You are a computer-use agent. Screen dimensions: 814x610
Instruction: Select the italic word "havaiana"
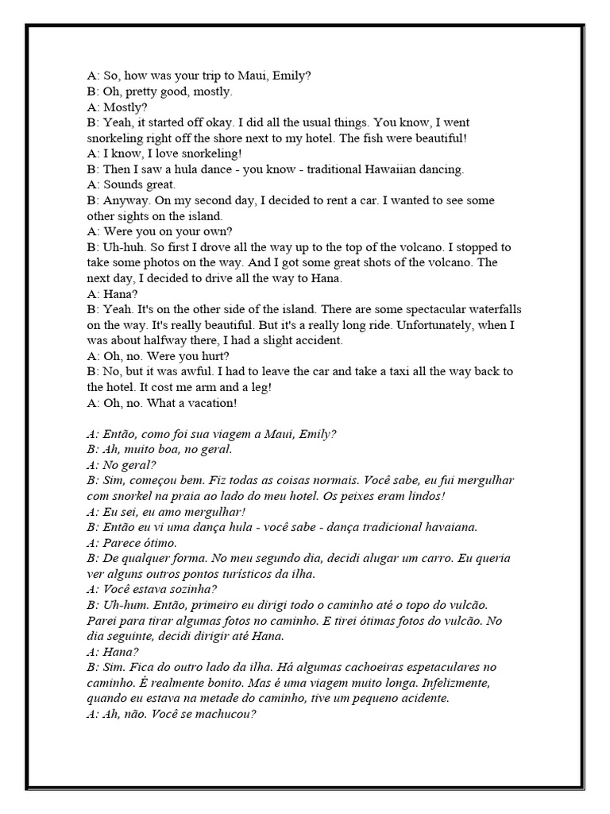452,527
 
